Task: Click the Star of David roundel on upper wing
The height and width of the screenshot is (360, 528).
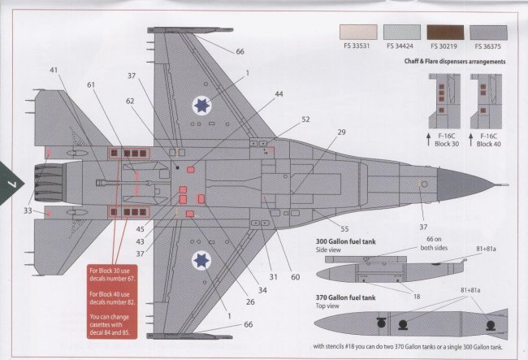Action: (202, 104)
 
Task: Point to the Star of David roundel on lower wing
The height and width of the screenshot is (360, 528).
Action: (202, 260)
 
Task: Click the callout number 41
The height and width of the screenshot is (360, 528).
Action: (53, 72)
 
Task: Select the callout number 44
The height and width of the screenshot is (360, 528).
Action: (279, 95)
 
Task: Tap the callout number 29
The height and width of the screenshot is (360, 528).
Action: (340, 132)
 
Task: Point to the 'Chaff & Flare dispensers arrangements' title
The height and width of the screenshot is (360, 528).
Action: (454, 61)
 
